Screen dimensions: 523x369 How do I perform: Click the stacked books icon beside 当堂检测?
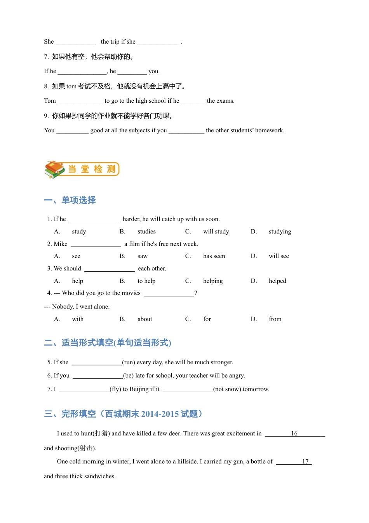click(x=54, y=169)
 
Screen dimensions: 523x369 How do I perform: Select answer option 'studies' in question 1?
click(x=146, y=232)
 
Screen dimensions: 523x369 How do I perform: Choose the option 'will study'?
click(x=216, y=232)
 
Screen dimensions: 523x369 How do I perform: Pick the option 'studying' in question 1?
click(x=280, y=232)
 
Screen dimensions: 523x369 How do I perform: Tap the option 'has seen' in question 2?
click(x=214, y=256)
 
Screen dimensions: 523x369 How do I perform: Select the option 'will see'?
click(x=278, y=256)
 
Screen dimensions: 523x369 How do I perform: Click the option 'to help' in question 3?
click(x=146, y=281)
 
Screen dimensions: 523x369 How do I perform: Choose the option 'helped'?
click(x=277, y=281)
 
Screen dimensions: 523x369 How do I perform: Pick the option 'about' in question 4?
click(x=145, y=319)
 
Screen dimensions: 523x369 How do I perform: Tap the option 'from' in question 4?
click(x=275, y=319)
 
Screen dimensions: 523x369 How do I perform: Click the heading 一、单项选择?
click(x=70, y=200)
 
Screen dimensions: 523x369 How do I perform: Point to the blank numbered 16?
click(x=294, y=433)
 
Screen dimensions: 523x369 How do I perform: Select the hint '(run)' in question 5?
click(x=129, y=362)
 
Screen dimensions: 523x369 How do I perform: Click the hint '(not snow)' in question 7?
click(x=227, y=389)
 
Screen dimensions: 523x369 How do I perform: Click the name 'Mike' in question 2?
click(x=61, y=244)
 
